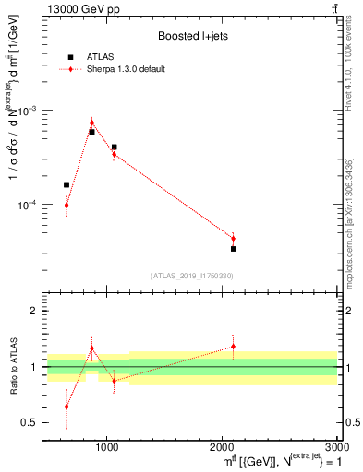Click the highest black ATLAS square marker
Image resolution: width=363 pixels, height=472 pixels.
point(91,132)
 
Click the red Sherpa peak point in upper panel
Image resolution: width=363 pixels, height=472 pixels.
point(91,123)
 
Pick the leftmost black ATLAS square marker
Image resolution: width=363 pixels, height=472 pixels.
point(67,185)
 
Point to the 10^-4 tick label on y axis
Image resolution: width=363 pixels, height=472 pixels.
point(30,205)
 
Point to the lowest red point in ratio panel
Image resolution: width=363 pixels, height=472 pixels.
point(67,407)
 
